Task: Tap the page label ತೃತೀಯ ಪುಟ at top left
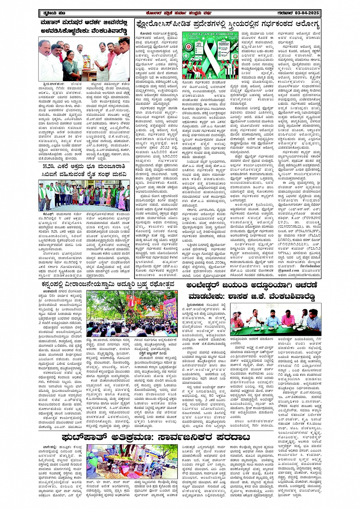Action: (x=50, y=14)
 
